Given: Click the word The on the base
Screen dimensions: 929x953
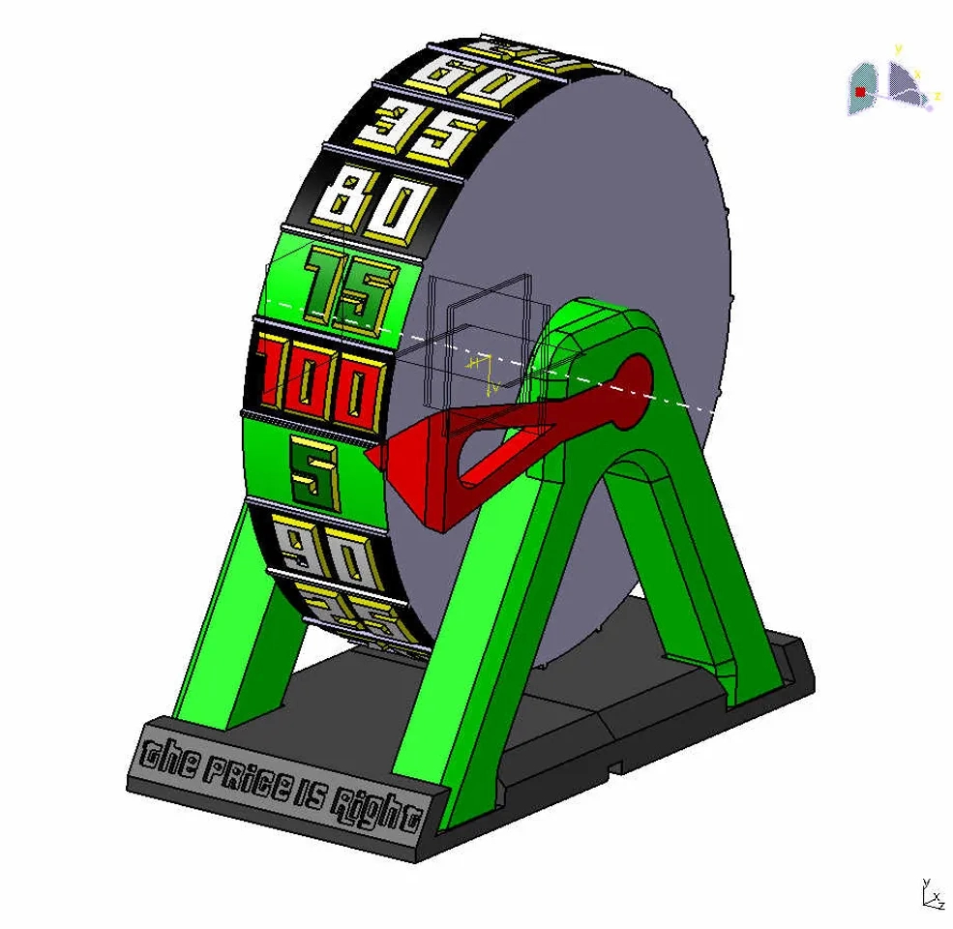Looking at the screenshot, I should coord(171,756).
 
